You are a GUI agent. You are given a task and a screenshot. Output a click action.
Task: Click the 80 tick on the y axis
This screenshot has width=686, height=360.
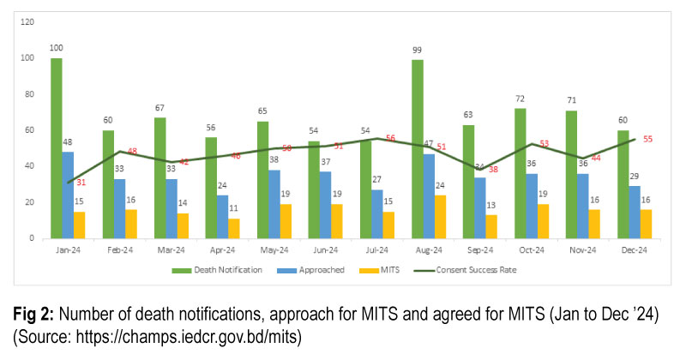coord(30,93)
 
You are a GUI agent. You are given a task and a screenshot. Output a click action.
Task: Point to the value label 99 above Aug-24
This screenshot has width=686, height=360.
coord(418,51)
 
